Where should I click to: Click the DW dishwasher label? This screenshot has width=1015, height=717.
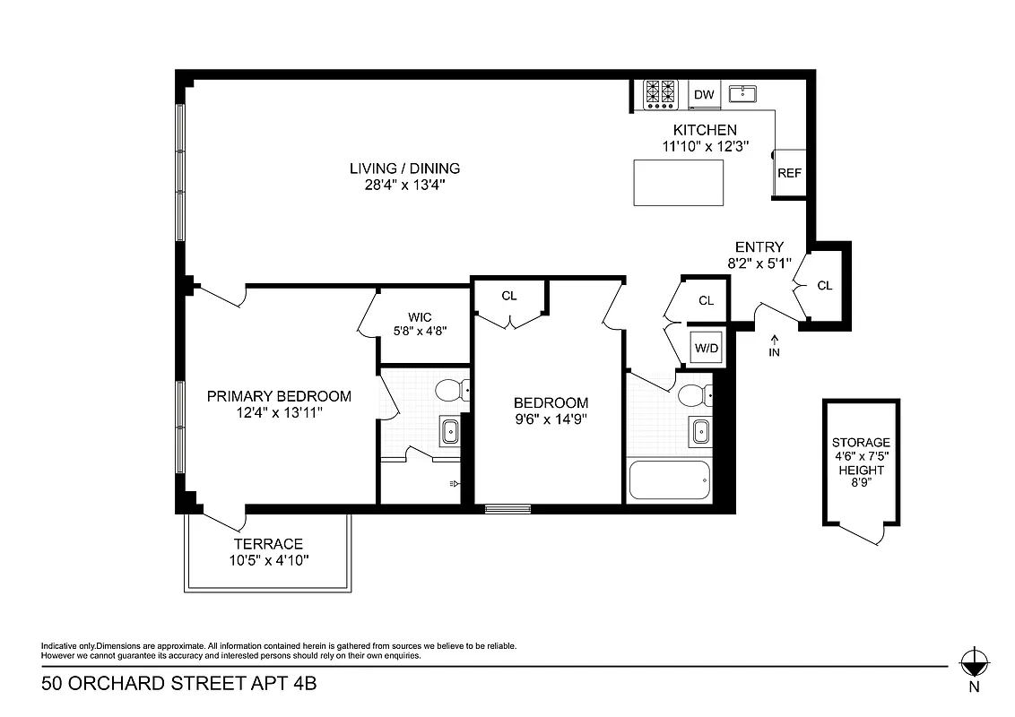coord(704,95)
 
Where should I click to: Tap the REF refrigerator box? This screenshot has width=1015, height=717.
coord(789,173)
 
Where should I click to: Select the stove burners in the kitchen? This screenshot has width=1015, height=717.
coord(661,94)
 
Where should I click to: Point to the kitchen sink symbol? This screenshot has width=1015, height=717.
coord(743,94)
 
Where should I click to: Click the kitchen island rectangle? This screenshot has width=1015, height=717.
coord(679,182)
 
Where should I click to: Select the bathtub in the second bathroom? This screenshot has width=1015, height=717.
coord(669,480)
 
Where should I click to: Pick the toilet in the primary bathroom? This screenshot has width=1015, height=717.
coord(449,391)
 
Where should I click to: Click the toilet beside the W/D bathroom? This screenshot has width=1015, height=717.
coord(694,394)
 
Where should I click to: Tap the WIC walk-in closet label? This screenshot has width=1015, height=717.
coord(420,317)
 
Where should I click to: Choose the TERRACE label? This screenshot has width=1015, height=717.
coord(268,544)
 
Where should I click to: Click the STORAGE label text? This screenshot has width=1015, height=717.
coord(861,443)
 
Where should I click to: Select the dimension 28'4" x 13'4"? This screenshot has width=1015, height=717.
coord(404,185)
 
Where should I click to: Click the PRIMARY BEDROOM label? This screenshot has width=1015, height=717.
coord(279,396)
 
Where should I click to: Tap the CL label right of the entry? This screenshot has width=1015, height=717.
coord(824,286)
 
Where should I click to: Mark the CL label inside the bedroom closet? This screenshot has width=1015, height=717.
coord(509,296)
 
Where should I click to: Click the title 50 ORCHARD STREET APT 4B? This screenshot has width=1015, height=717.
coord(178,685)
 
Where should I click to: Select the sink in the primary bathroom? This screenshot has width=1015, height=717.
coord(448,432)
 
